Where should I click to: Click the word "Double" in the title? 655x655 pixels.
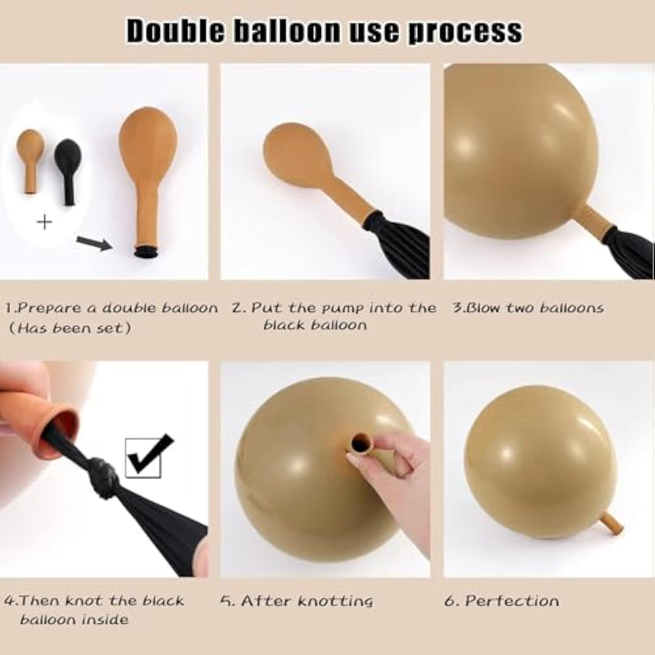[175, 31]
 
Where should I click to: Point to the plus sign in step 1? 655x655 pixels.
[45, 222]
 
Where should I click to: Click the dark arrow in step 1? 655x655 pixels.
[94, 243]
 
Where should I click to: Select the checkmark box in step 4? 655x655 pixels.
[147, 456]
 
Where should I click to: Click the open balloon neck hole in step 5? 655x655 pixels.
[360, 443]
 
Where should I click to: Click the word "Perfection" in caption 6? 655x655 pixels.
[512, 601]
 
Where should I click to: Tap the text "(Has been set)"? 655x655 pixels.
[70, 328]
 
